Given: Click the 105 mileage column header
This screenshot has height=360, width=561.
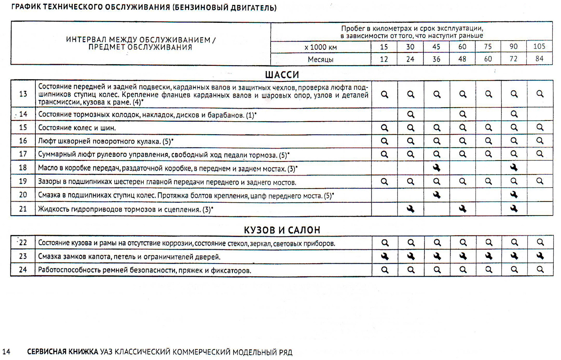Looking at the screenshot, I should [x=539, y=46].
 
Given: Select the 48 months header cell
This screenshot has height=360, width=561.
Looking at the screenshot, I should [x=462, y=59].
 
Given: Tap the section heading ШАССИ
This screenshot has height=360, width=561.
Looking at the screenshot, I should [x=282, y=75].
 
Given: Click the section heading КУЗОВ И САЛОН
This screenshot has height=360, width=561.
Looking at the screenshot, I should [x=282, y=230].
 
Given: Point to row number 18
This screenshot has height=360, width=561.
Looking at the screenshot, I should [x=23, y=168].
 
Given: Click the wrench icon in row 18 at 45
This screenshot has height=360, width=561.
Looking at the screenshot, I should [x=437, y=168].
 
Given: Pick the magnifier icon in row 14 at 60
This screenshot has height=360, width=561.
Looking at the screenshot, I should [x=463, y=114].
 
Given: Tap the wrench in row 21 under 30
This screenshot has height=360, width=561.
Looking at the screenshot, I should [x=411, y=209].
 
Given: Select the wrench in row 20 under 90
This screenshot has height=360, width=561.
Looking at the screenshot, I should [x=514, y=195].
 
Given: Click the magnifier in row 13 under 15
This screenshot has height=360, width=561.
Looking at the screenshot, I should [x=385, y=94].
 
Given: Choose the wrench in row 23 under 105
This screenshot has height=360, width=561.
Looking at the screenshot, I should [x=540, y=256].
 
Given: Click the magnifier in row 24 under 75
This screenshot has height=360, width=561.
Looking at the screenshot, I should [x=489, y=269].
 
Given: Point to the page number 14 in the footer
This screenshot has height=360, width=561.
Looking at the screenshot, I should [x=6, y=352].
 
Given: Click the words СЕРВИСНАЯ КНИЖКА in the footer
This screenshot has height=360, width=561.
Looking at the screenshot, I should [x=63, y=352].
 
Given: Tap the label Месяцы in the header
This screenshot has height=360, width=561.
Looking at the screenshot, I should [x=320, y=60].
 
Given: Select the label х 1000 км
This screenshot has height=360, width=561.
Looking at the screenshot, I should [x=320, y=47].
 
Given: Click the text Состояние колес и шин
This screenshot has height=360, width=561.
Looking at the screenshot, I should [x=77, y=128].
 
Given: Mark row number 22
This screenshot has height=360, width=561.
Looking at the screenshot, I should [x=23, y=242].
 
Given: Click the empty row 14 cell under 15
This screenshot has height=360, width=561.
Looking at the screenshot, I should [x=385, y=114].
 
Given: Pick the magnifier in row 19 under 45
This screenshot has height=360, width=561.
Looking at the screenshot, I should [x=437, y=181].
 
